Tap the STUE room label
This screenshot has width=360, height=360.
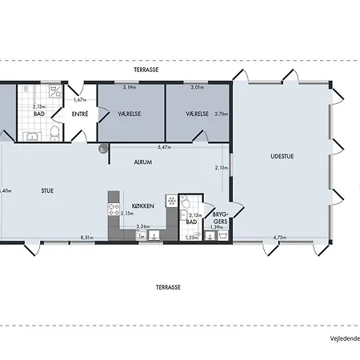coord(48,191)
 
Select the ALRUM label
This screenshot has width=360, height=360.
coord(142,162)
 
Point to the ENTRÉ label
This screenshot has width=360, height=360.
coord(80,115)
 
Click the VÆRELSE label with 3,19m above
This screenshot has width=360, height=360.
coord(130,114)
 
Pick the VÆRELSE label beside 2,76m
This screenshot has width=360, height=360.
coord(197,114)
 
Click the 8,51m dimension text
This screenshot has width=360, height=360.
coord(87,237)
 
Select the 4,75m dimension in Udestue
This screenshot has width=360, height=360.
coord(279,237)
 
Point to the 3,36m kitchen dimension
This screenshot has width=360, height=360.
coord(142,227)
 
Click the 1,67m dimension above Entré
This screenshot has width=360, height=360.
coord(79,100)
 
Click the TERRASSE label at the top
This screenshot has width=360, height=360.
coord(145,70)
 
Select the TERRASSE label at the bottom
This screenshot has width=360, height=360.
coord(168,286)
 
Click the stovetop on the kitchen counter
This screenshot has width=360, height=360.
coord(111,209)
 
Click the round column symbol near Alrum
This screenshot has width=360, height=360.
coord(103,149)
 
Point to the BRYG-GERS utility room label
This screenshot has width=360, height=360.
coord(221,218)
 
